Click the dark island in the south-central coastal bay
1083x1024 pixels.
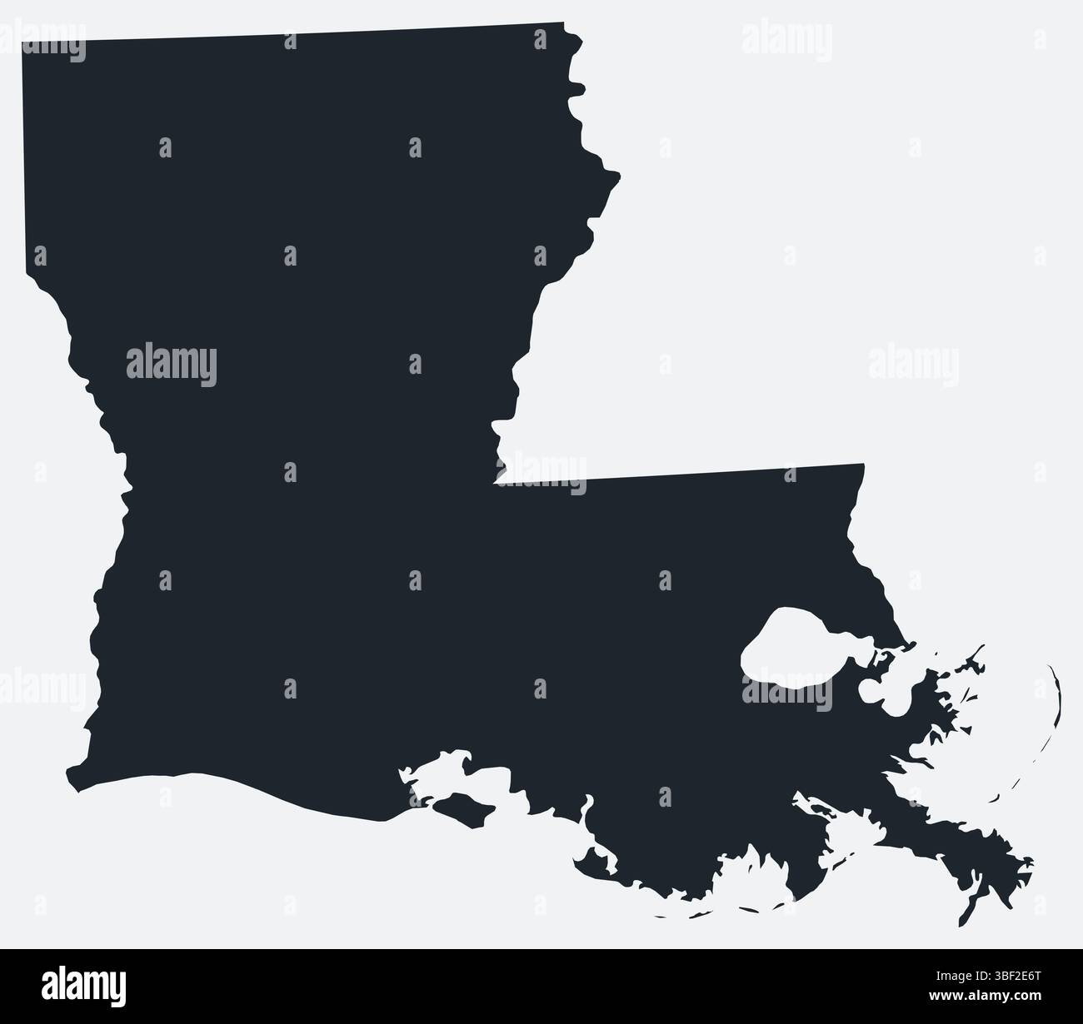click(x=458, y=804)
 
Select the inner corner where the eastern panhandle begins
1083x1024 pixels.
click(x=497, y=480)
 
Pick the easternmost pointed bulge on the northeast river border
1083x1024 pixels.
click(x=618, y=175)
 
